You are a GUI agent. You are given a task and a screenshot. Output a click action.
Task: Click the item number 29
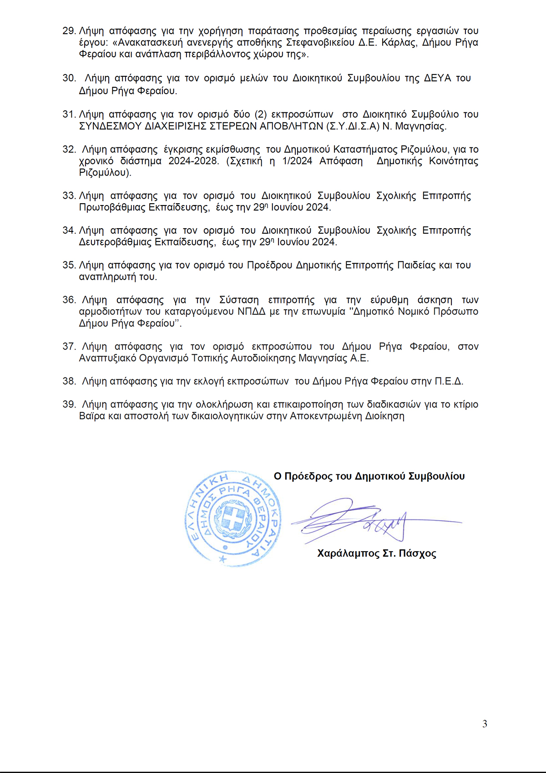tap(69, 31)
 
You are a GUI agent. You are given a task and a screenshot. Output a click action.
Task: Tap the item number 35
tap(69, 265)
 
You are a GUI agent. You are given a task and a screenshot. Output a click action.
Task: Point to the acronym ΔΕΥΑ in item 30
tap(437, 78)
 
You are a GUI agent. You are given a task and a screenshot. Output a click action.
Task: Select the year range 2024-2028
tap(193, 161)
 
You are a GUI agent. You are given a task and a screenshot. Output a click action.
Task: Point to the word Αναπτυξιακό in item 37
tap(107, 358)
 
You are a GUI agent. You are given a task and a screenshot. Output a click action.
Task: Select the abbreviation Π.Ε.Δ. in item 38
tap(449, 381)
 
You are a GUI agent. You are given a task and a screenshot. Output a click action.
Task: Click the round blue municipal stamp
tap(233, 518)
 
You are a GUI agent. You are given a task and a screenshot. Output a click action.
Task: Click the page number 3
tap(485, 724)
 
